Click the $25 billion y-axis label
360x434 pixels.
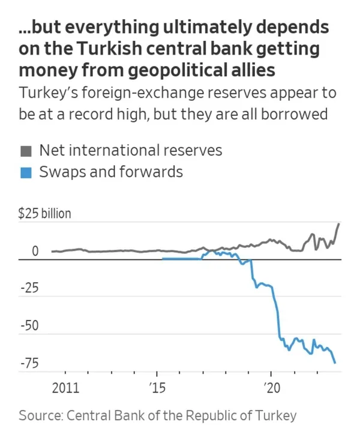pos(44,214)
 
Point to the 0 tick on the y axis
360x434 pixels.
pos(35,251)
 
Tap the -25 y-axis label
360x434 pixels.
pos(30,288)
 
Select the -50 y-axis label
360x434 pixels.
pos(30,325)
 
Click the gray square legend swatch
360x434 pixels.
pos(25,151)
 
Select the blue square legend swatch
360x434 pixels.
pos(25,173)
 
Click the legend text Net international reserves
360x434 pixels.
pos(130,149)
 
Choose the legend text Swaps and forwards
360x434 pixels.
pos(110,172)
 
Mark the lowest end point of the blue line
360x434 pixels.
pos(335,363)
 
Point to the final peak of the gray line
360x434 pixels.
pos(340,223)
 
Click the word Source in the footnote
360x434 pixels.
pos(40,415)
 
